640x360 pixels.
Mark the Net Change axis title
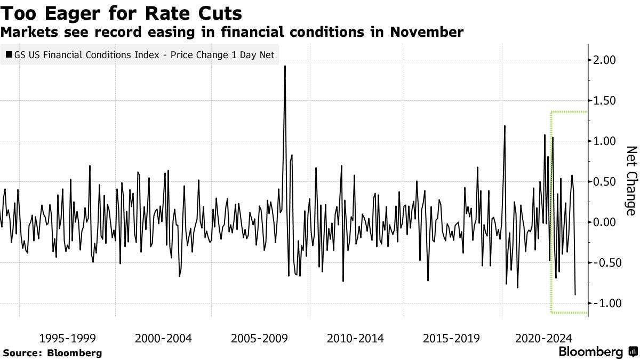(x=630, y=181)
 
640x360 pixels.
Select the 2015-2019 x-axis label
(x=451, y=338)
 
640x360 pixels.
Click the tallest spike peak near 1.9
(x=285, y=67)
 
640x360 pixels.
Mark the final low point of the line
(x=575, y=294)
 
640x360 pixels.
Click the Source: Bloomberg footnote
(x=52, y=353)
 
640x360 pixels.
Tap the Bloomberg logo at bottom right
(x=597, y=352)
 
